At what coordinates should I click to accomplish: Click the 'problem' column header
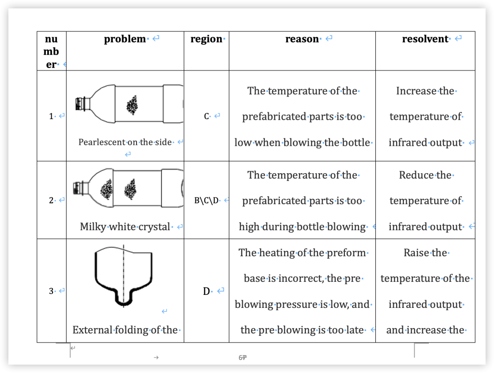(125, 39)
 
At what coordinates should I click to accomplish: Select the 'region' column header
(206, 39)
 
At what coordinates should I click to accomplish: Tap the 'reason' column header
(302, 39)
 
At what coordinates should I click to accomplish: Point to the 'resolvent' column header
(425, 39)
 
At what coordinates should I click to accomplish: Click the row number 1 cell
(51, 116)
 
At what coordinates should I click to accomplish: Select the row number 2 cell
(51, 200)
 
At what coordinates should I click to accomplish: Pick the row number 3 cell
(51, 291)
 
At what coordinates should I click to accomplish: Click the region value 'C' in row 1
(206, 116)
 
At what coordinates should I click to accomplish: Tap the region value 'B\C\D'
(206, 200)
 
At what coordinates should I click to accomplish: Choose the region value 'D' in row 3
(206, 291)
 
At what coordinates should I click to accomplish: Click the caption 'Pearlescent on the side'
(125, 142)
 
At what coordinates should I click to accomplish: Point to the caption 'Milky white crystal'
(125, 227)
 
